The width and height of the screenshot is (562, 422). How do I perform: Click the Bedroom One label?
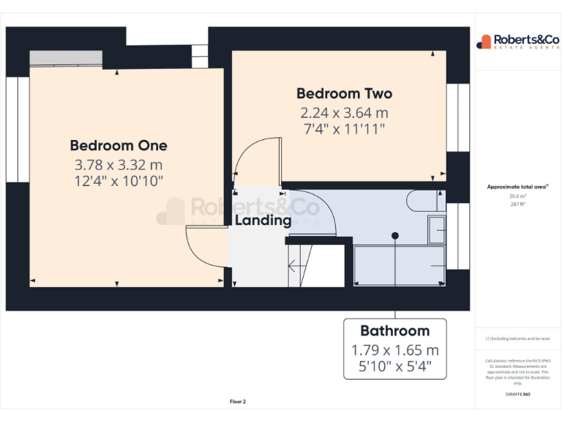pos(119,145)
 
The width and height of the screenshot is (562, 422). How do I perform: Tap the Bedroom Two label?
pos(344,94)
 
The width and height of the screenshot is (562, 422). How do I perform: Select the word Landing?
pos(263,220)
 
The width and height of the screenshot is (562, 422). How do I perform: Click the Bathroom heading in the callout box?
pos(394,330)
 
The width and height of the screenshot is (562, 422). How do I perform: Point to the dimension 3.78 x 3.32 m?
pos(119,165)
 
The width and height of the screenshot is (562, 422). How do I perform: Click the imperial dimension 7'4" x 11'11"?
pos(343,129)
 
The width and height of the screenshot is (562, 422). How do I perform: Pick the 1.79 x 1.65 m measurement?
pos(394,349)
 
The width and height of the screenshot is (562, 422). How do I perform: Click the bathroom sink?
pos(437,231)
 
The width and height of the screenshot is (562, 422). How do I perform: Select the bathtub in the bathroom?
pos(400,265)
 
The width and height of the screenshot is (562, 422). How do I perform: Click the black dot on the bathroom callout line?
pos(395,236)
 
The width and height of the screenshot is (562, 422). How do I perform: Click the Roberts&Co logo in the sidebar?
pos(518,41)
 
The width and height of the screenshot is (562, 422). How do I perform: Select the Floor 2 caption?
pos(237,401)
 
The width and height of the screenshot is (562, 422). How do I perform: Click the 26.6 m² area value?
pos(517,196)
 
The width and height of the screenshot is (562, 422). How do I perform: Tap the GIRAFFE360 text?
pos(517,395)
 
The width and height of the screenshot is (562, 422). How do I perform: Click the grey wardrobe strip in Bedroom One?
pos(66,57)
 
